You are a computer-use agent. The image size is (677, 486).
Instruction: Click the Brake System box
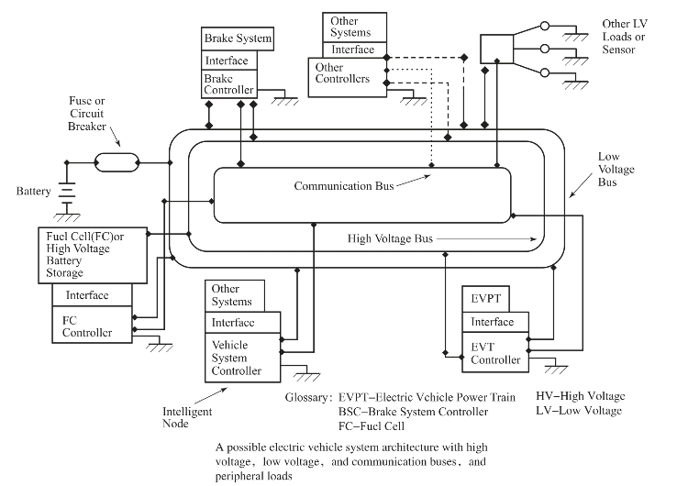click(x=238, y=39)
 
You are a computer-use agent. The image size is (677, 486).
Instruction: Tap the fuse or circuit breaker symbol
click(x=117, y=164)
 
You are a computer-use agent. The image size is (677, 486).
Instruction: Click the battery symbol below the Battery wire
click(x=66, y=193)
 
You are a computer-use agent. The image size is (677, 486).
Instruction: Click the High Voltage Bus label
click(x=390, y=238)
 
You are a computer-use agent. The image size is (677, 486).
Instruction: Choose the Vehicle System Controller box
click(x=237, y=357)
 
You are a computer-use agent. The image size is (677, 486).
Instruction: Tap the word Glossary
click(x=307, y=399)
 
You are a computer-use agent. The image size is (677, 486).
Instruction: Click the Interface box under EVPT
click(x=494, y=322)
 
